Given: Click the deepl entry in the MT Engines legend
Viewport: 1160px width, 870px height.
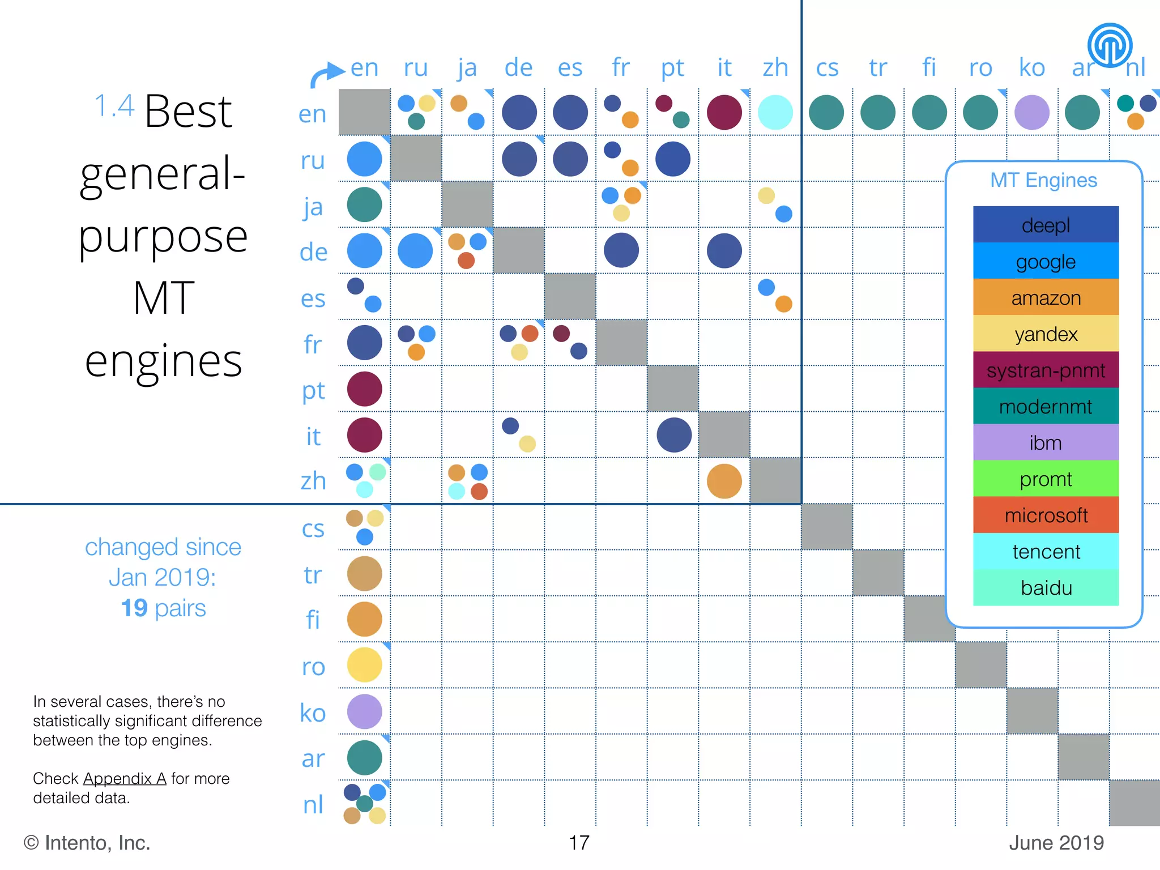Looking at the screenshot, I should click(1046, 225).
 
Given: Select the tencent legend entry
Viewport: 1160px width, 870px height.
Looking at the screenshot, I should click(1046, 551).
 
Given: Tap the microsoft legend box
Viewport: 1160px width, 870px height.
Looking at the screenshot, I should click(1046, 515).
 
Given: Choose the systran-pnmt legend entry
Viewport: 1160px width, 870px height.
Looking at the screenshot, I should click(1046, 370).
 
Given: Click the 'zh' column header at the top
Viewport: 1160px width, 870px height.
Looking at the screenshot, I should click(775, 68).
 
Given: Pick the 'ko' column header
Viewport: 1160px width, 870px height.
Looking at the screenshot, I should click(1031, 68).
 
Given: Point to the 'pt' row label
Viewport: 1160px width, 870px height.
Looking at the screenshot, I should click(313, 390).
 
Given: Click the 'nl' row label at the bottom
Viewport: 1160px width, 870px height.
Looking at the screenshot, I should click(313, 804).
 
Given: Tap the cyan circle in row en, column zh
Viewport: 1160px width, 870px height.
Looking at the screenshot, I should click(775, 112).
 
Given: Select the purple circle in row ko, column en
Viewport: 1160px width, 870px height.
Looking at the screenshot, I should click(364, 711).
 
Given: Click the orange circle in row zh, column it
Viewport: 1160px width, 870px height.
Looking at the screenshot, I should click(724, 481).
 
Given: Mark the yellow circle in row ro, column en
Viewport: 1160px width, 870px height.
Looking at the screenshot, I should click(364, 665).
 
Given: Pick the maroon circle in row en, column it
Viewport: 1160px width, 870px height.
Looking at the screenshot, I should click(724, 112).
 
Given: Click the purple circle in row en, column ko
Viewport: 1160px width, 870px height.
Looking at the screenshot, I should click(1031, 112).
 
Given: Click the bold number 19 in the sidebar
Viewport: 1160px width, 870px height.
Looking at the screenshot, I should click(134, 608).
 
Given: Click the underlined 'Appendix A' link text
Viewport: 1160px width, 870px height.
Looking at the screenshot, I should click(125, 778).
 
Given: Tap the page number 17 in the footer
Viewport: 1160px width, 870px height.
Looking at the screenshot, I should click(579, 843).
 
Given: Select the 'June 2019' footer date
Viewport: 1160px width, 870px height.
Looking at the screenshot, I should click(1056, 843).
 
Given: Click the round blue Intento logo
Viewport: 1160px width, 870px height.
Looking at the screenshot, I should click(1109, 45).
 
